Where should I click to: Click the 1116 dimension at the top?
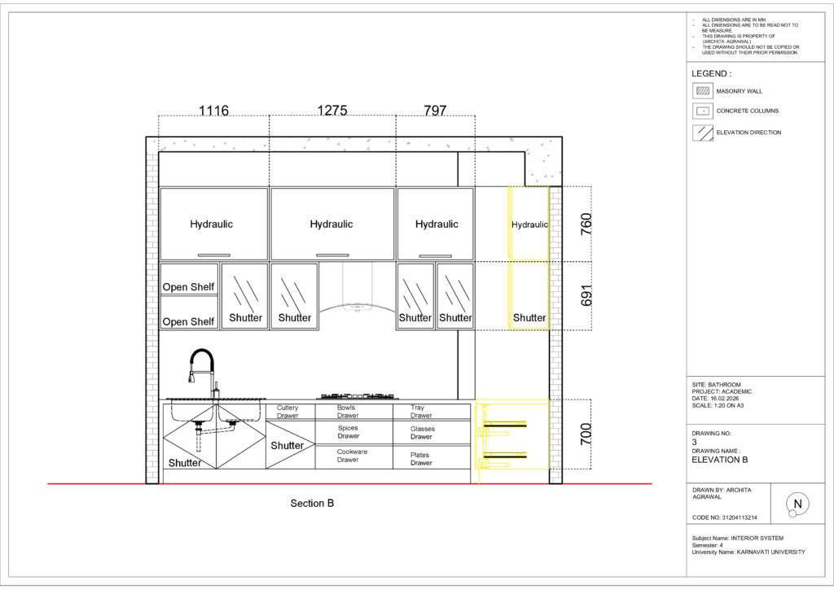[213, 111]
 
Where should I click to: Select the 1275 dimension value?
[332, 110]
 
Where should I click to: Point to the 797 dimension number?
[435, 110]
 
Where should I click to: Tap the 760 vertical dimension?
[586, 224]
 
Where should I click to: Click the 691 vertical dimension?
[586, 295]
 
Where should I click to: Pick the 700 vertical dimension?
[586, 434]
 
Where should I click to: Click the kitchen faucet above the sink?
[203, 373]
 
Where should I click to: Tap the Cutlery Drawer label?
[288, 412]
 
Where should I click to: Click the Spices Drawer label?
[349, 432]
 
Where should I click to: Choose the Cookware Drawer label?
[352, 456]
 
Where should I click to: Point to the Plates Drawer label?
[421, 459]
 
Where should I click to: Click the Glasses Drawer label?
[423, 432]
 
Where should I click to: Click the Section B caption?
[312, 503]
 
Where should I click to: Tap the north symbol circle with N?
[797, 504]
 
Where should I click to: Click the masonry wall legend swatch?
[703, 91]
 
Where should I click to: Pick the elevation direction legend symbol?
[703, 133]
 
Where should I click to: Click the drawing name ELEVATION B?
[719, 460]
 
